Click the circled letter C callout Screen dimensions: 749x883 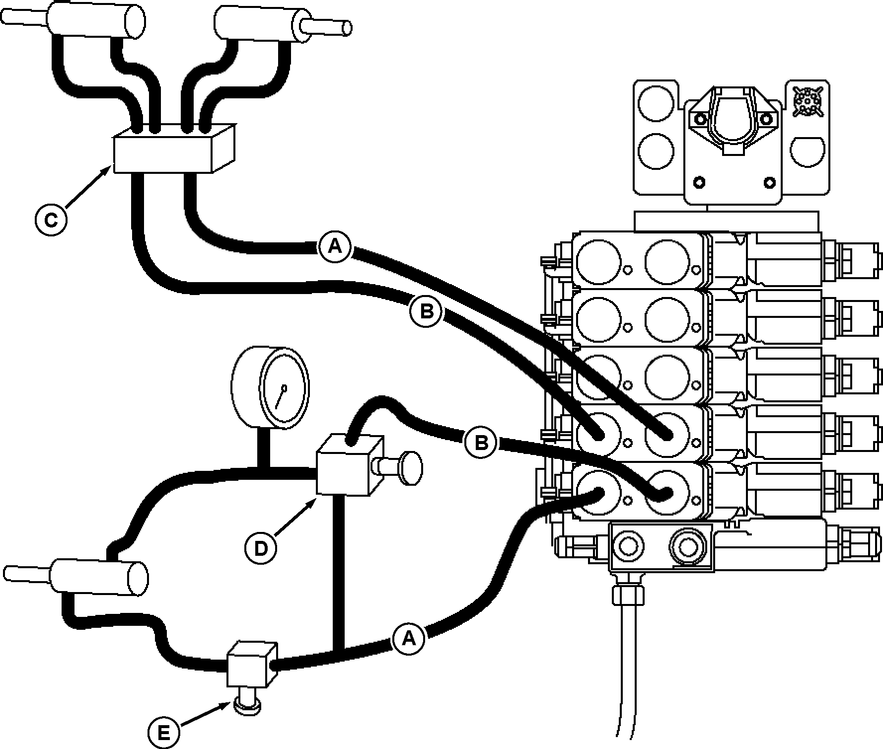tap(51, 220)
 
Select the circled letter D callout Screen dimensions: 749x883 tap(260, 548)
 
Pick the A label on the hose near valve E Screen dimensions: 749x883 tap(408, 638)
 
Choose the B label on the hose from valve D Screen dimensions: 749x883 tap(481, 442)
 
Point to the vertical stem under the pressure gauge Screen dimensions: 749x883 tap(264, 447)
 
